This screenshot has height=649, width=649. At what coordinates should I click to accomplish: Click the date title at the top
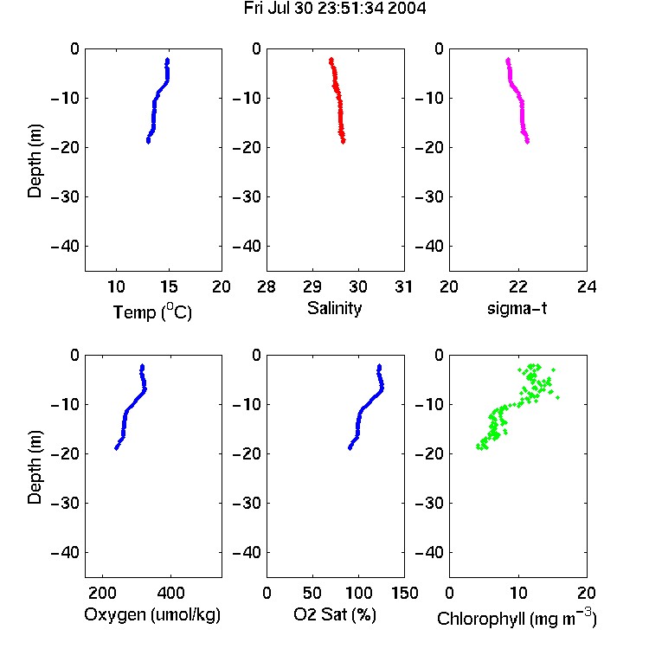click(334, 9)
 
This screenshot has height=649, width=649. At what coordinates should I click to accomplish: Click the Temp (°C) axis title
click(152, 312)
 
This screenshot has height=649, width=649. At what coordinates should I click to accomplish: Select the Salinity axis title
click(334, 308)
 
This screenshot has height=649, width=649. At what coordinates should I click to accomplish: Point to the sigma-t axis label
click(517, 308)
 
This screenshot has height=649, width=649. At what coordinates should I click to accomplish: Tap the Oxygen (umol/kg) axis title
click(152, 614)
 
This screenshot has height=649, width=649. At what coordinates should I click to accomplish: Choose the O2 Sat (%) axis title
click(335, 614)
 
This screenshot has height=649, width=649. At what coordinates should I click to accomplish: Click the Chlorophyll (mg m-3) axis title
click(517, 618)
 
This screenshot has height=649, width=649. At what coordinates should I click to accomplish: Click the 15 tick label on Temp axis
click(169, 286)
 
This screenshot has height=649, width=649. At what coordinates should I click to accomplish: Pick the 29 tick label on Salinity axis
click(312, 286)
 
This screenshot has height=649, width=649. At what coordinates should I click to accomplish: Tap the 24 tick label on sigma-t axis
click(587, 286)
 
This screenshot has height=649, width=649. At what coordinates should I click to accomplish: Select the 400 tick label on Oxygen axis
click(170, 593)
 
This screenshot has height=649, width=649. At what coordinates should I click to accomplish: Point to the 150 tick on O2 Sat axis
click(405, 593)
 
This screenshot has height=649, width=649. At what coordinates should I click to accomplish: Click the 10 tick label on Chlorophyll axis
click(518, 593)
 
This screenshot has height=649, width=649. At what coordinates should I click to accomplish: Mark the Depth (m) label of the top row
click(35, 161)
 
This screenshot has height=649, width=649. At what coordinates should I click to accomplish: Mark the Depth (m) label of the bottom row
click(35, 467)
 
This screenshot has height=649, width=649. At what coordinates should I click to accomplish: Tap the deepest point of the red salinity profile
click(344, 142)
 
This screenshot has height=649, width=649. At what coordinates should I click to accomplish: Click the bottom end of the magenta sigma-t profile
click(527, 142)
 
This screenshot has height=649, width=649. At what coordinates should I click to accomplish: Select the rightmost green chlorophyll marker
click(558, 397)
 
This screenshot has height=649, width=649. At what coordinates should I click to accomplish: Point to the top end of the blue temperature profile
click(168, 60)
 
